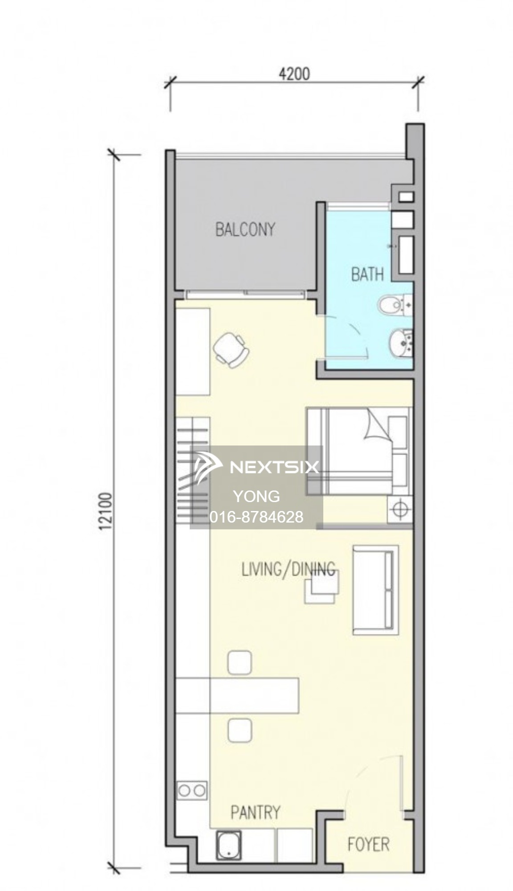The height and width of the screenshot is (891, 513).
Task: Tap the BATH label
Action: tap(367, 274)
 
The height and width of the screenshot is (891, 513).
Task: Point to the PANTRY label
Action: tap(256, 812)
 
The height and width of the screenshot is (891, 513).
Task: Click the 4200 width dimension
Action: tap(294, 74)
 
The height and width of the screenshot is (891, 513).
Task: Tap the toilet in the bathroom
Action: tap(395, 305)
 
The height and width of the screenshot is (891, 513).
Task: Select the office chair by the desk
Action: tap(231, 350)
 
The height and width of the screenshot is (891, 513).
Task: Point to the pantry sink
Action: tap(229, 845)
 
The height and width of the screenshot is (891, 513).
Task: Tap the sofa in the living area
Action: tap(375, 590)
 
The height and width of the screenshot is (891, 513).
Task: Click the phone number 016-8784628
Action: tap(256, 517)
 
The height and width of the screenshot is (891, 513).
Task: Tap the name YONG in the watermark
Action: tap(256, 496)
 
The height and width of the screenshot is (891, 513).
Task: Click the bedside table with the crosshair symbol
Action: tap(399, 509)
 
